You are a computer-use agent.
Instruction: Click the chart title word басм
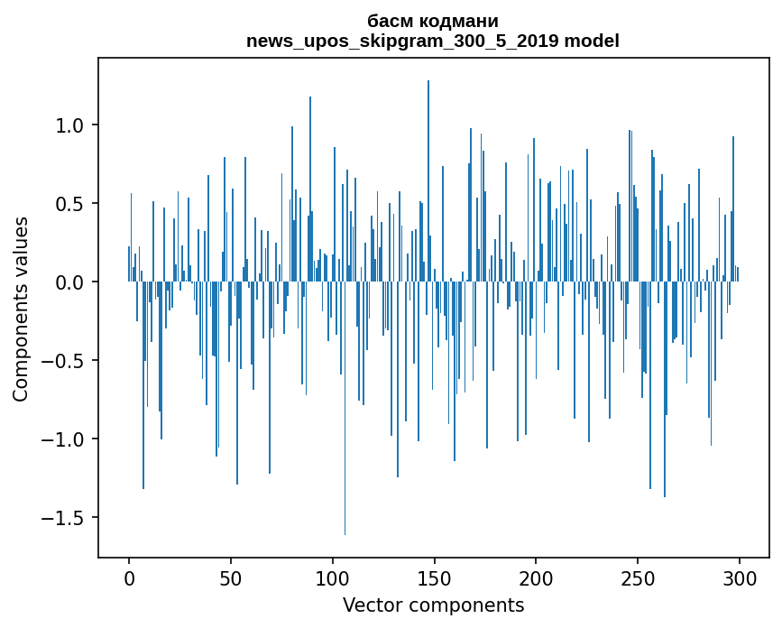click(389, 21)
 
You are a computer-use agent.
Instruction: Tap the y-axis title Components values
click(21, 309)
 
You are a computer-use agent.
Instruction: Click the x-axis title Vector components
click(433, 605)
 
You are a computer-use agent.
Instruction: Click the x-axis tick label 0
click(129, 577)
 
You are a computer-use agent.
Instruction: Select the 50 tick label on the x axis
click(231, 577)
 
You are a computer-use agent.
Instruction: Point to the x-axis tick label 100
click(333, 577)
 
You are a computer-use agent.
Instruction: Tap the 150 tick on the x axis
click(434, 577)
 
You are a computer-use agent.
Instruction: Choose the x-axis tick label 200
click(536, 577)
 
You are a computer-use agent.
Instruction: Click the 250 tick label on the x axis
click(638, 577)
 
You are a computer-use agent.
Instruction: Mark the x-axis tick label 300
click(740, 577)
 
